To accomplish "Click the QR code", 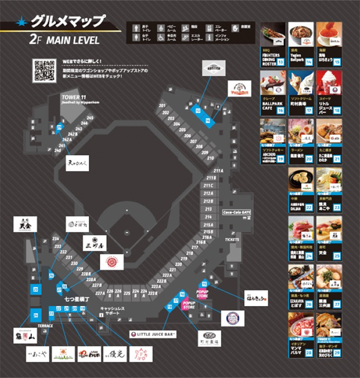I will click(44, 71).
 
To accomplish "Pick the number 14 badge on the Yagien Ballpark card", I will click(310, 61).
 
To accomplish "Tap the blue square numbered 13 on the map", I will click(198, 111).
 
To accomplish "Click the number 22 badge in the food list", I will click(310, 207).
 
